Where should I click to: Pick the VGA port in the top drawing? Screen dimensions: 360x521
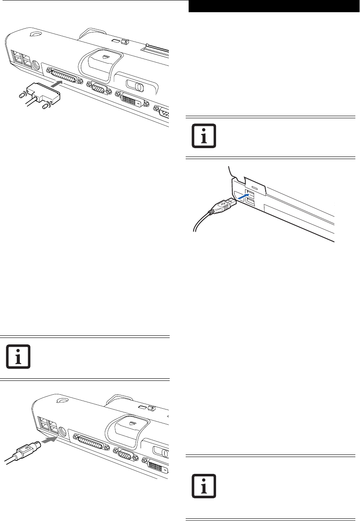click(98, 89)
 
